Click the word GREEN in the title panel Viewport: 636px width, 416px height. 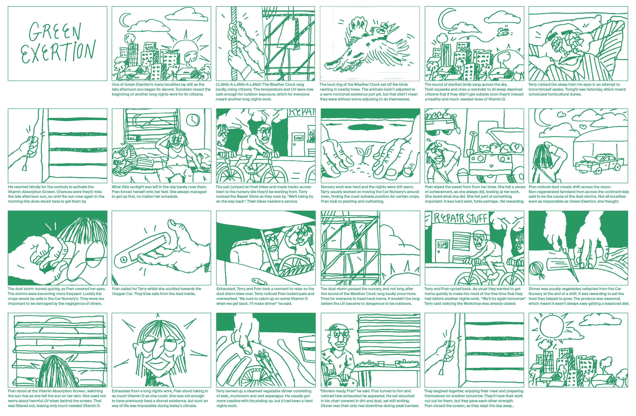pos(55,31)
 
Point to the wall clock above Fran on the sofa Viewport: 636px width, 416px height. pos(193,119)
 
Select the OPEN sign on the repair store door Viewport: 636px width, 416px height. pos(299,138)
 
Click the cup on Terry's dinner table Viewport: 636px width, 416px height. pos(381,364)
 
